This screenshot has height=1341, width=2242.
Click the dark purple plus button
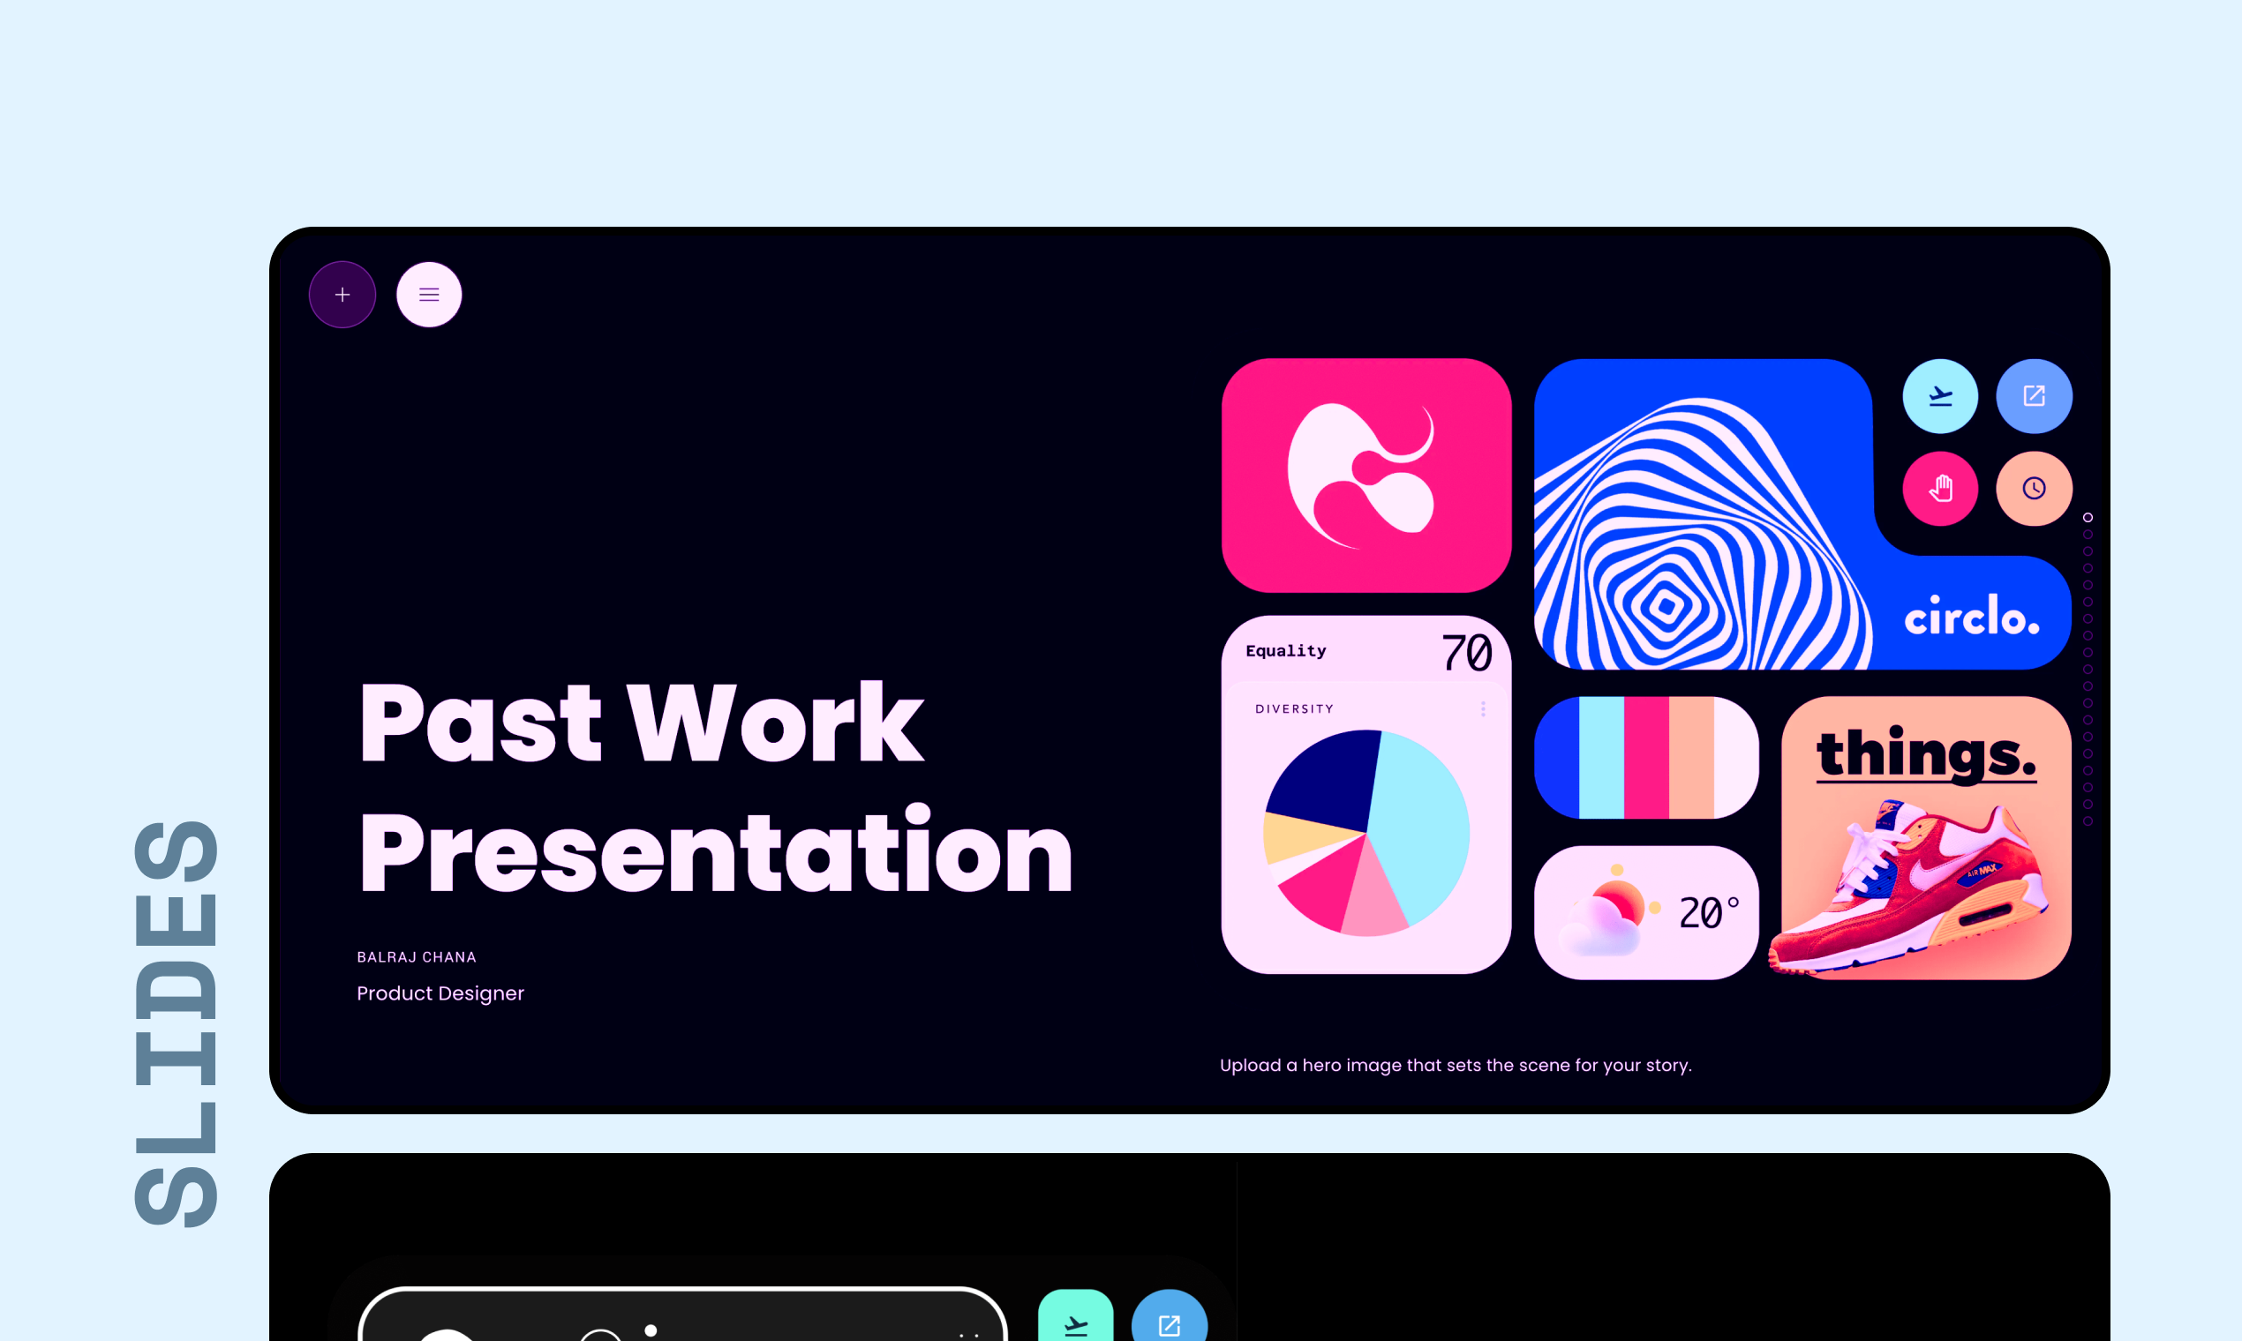[342, 295]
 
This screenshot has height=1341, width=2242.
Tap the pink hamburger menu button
[429, 295]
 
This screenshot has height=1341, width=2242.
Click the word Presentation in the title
[716, 851]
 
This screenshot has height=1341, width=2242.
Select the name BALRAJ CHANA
[417, 957]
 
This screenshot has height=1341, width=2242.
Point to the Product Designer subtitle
[440, 993]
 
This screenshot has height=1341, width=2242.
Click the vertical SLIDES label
[177, 1023]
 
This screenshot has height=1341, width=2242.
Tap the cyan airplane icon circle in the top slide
[1940, 396]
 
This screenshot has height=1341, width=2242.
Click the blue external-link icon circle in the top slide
[2034, 396]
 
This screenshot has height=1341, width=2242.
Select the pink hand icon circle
[1940, 489]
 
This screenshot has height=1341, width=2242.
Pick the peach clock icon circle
[2034, 489]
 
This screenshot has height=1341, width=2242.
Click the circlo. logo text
[1972, 617]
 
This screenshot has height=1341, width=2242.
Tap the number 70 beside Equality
[1466, 653]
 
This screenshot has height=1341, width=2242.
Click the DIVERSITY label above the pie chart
[1295, 709]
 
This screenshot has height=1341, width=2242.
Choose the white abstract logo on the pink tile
[1361, 476]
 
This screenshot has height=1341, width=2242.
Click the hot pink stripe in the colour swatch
[1646, 757]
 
